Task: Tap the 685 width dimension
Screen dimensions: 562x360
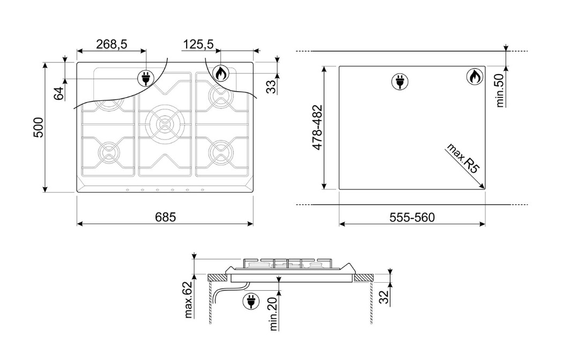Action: tap(166, 217)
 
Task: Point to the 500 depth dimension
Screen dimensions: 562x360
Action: tap(39, 127)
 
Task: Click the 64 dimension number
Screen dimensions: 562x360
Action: tap(59, 93)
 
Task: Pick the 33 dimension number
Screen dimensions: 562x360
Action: tap(272, 86)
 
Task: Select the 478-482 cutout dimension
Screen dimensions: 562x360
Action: tap(317, 127)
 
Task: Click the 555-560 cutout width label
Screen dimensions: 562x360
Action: tap(412, 217)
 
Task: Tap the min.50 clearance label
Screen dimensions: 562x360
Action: tap(500, 90)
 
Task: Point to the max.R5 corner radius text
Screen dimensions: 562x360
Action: tap(462, 158)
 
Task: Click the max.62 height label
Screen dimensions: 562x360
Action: tap(188, 300)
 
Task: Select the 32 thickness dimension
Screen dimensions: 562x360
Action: tap(384, 297)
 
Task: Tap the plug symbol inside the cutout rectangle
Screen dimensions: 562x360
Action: tap(398, 82)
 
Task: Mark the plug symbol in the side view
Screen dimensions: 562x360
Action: tap(251, 301)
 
